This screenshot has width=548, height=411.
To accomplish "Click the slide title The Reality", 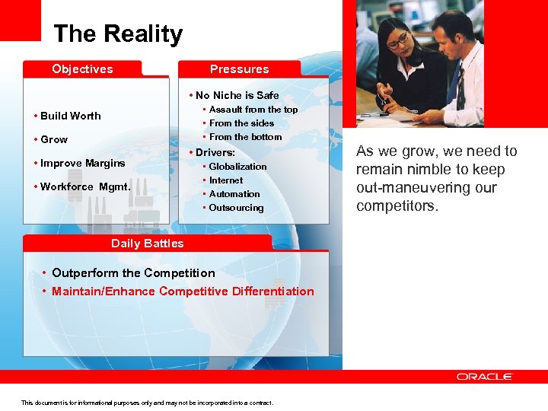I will coord(118,34).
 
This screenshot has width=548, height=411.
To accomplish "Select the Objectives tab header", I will coord(82,69).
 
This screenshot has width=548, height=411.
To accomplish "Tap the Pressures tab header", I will coord(239,69).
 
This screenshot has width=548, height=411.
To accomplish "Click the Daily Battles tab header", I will coord(147,244).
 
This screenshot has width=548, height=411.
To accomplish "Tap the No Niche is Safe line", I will coord(237,95).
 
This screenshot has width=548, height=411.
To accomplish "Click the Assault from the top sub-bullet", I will coord(253,110).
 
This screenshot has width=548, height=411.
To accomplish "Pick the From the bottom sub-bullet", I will coord(245,137).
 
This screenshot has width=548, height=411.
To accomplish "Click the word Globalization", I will coord(237,167).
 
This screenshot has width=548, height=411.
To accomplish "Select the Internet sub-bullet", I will coord(226,180).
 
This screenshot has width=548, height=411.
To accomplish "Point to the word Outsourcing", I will coord(236,208).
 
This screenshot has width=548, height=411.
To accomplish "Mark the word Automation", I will coord(234,194).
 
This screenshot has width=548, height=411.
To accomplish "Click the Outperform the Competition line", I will coord(133,273).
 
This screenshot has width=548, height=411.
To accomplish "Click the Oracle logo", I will coord(485,377).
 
